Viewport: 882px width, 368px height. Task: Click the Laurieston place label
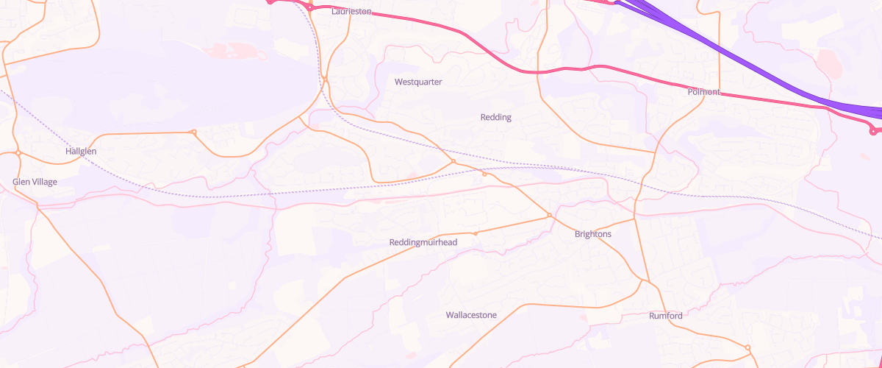pos(351,12)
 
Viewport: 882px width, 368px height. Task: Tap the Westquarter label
pos(418,82)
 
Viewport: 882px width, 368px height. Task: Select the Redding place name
pos(495,117)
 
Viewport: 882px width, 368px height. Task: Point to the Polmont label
pos(703,92)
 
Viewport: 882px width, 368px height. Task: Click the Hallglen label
pos(81,151)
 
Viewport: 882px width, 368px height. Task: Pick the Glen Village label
pos(35,182)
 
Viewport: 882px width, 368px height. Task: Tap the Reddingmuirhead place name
pos(423,242)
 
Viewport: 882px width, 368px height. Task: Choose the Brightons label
pos(592,234)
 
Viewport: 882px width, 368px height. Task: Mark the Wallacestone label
pos(471,315)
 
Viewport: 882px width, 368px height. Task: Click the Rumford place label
pos(665,316)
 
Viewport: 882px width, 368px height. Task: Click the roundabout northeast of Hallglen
pos(193,132)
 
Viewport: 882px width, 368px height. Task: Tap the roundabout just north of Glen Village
pos(18,153)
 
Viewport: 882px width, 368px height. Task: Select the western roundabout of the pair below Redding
pos(453,161)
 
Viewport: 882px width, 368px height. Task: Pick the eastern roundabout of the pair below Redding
pos(484,174)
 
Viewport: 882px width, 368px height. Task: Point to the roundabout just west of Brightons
pos(549,215)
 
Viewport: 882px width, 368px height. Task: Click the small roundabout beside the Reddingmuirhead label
pos(476,233)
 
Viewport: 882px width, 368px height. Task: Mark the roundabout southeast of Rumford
pos(747,347)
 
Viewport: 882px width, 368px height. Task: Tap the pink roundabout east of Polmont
pos(873,132)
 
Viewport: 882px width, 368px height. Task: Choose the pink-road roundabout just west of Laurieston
pos(311,7)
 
